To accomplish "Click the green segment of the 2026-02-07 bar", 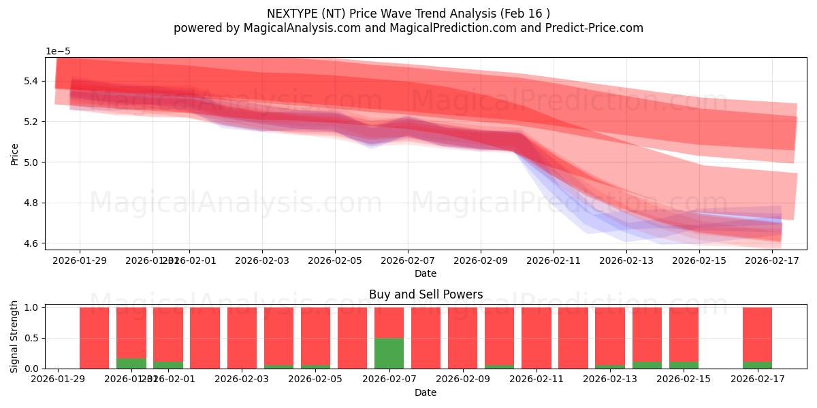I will tap(389, 353).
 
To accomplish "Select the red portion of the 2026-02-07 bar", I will tap(389, 322).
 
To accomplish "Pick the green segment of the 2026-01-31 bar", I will tap(131, 363).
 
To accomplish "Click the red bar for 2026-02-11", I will tap(536, 338).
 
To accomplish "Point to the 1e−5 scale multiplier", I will tap(58, 51).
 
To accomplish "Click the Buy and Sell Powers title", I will tap(426, 294).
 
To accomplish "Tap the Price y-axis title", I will tap(14, 154).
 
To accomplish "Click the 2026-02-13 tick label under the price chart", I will tap(626, 260).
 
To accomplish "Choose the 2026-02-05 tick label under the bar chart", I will tap(315, 379).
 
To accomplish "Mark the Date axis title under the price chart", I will tap(426, 273).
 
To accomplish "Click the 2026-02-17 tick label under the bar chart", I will tap(757, 379).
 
